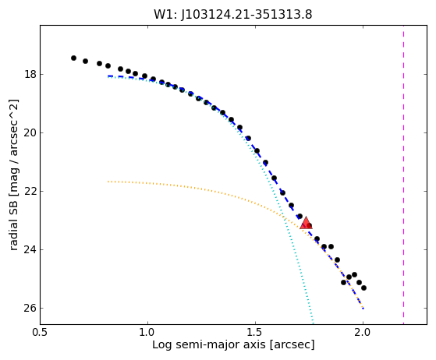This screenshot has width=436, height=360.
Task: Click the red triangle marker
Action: coord(306,223)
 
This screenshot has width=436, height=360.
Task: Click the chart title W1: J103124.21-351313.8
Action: coord(233,15)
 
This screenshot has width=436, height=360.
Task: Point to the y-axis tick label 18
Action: coord(30,75)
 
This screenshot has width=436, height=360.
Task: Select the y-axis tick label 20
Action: coord(30,132)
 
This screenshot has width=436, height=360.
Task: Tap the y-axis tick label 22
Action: coord(30,192)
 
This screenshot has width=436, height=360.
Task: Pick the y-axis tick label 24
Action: coord(30,249)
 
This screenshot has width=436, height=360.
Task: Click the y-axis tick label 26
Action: coord(30,309)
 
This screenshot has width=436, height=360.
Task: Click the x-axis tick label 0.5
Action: coord(40,332)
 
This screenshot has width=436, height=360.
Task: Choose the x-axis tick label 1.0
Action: coord(147,332)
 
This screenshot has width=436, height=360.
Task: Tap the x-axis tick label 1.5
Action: coord(255,332)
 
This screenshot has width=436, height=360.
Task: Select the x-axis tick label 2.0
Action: coord(363,332)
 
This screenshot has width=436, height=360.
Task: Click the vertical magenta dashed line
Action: coord(403,175)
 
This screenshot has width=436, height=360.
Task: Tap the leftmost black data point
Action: coord(73,58)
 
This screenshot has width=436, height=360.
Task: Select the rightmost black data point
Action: coord(363,288)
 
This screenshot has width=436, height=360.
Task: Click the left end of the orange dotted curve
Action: coord(108,182)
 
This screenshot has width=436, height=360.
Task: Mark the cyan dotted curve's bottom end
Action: coord(314,323)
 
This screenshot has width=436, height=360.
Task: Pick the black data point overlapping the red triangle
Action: coord(309,225)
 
